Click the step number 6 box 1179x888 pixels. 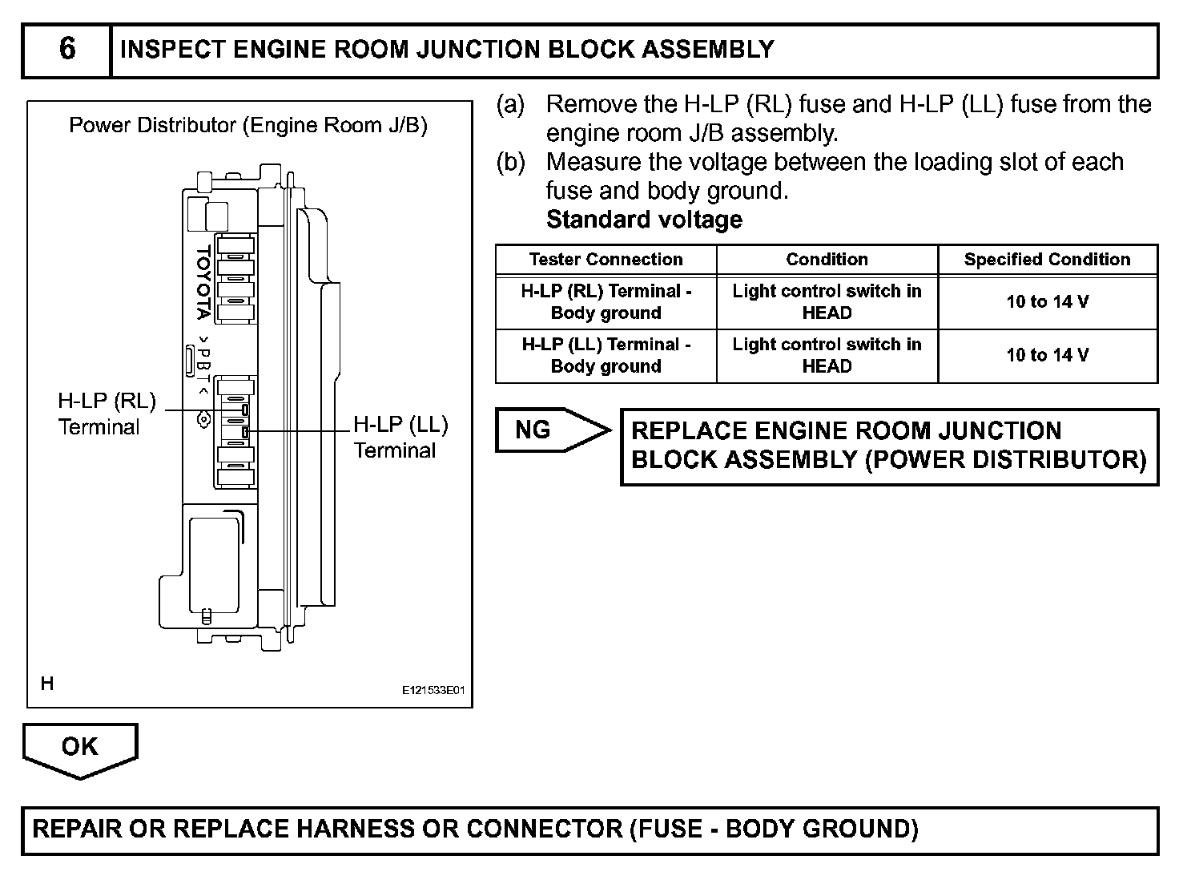pyautogui.click(x=67, y=50)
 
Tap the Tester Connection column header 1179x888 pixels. pyautogui.click(x=606, y=260)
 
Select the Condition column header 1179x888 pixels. pyautogui.click(x=827, y=260)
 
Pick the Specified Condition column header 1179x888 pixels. pyautogui.click(x=1047, y=260)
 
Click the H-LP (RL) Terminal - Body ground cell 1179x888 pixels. pyautogui.click(x=606, y=302)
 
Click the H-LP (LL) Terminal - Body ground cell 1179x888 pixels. pyautogui.click(x=606, y=355)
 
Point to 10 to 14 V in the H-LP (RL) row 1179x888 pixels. pyautogui.click(x=1047, y=302)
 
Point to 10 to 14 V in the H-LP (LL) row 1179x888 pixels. pyautogui.click(x=1047, y=355)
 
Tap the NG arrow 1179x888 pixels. pyautogui.click(x=549, y=430)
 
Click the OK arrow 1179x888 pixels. pyautogui.click(x=80, y=749)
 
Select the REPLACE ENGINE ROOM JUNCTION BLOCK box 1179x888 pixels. pyautogui.click(x=889, y=446)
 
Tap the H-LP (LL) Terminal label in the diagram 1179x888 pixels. pyautogui.click(x=400, y=437)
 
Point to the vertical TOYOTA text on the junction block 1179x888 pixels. pyautogui.click(x=203, y=283)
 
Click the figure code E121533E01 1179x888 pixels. pyautogui.click(x=433, y=689)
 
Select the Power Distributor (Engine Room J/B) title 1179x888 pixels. pyautogui.click(x=248, y=126)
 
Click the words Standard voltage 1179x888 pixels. pyautogui.click(x=644, y=220)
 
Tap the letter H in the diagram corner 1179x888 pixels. pyautogui.click(x=47, y=684)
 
